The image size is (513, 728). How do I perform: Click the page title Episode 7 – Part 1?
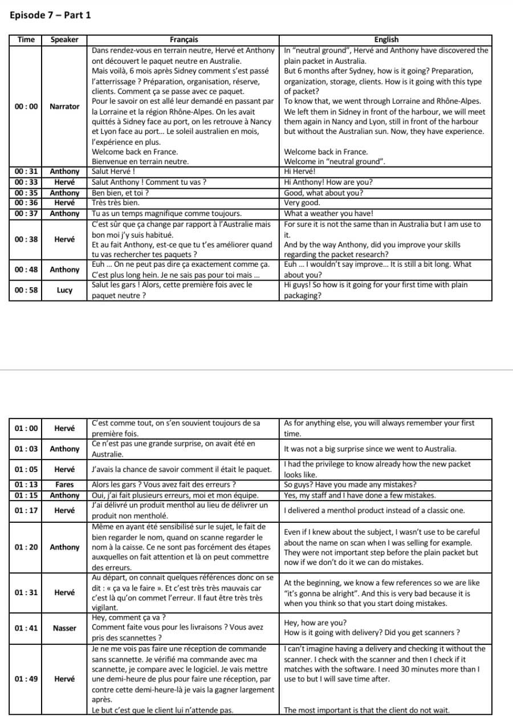point(50,15)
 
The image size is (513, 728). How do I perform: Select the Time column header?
point(26,39)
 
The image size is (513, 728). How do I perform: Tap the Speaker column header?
point(64,39)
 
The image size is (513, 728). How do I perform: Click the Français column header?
point(184,39)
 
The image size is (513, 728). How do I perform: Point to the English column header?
point(386,39)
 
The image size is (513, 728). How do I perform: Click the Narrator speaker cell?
point(64,106)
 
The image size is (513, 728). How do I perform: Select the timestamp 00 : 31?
point(26,171)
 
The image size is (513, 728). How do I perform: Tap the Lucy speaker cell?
point(64,290)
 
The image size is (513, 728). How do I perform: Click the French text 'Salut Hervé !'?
point(113,171)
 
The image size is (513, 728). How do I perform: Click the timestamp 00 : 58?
point(26,290)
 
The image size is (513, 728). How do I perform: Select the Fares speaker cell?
point(64,485)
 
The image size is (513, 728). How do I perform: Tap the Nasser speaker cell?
point(64,628)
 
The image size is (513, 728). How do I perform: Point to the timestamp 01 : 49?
point(26,679)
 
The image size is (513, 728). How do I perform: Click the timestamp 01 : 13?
point(26,485)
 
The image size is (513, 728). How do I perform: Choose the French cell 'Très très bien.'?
point(116,203)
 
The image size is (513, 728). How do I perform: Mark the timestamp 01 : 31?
point(26,592)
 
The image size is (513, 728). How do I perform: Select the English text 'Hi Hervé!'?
point(300,171)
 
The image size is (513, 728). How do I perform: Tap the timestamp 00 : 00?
point(26,106)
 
